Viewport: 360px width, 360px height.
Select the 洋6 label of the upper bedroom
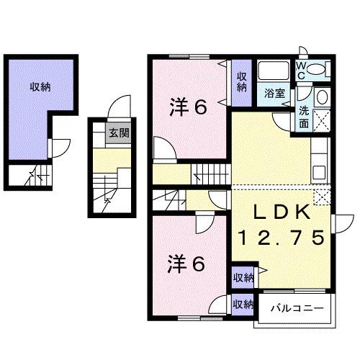point(189,107)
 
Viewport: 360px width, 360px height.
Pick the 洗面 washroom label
point(305,117)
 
